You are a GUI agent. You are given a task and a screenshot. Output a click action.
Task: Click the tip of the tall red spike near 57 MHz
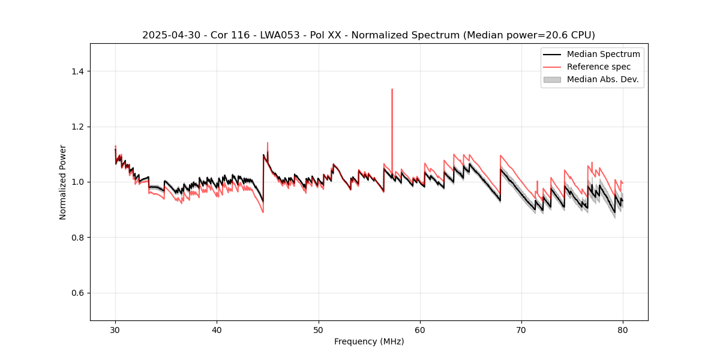pyautogui.click(x=392, y=89)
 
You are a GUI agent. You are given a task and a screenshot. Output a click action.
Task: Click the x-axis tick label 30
pyautogui.click(x=115, y=330)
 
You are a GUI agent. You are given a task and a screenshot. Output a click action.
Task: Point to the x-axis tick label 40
pyautogui.click(x=217, y=330)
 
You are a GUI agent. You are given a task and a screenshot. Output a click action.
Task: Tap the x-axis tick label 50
pyautogui.click(x=319, y=330)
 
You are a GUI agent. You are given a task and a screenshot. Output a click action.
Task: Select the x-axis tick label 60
pyautogui.click(x=420, y=330)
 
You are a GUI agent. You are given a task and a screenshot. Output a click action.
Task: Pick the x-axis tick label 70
pyautogui.click(x=521, y=330)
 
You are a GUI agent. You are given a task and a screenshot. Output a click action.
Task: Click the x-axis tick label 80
pyautogui.click(x=623, y=330)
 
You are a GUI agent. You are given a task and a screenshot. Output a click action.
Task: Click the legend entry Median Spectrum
pyautogui.click(x=603, y=54)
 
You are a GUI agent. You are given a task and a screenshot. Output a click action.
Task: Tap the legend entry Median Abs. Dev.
pyautogui.click(x=602, y=79)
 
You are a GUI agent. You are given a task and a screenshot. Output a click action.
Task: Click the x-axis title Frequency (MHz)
pyautogui.click(x=369, y=341)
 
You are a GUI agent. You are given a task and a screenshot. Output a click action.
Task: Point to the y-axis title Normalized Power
pyautogui.click(x=63, y=182)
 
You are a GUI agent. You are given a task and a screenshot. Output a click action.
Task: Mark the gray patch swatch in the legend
pyautogui.click(x=551, y=79)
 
